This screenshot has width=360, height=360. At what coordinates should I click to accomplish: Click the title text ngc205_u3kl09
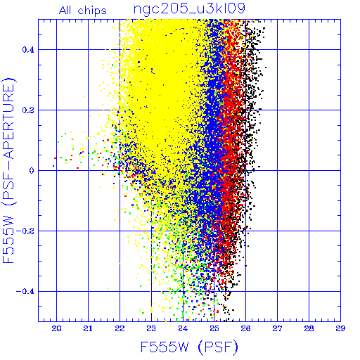[x=189, y=9]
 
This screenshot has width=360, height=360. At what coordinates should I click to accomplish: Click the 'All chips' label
[x=83, y=11]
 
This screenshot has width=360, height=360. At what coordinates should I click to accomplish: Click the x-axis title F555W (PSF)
[x=189, y=347]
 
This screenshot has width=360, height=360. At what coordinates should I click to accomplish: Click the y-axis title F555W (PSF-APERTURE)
[x=8, y=171]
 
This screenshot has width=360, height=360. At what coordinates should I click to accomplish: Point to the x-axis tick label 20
[x=56, y=328]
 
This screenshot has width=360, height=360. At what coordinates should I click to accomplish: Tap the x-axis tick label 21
[x=88, y=328]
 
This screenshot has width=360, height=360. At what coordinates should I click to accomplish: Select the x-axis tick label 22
[x=120, y=328]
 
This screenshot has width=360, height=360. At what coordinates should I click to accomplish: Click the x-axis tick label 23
[x=151, y=328]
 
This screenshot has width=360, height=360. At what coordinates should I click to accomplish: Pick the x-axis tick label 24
[x=183, y=328]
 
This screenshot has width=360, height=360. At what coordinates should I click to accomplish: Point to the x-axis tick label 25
[x=214, y=328]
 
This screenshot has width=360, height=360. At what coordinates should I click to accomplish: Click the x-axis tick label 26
[x=246, y=328]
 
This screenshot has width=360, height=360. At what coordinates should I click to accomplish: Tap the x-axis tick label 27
[x=277, y=328]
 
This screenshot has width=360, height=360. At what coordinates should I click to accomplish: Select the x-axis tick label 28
[x=309, y=328]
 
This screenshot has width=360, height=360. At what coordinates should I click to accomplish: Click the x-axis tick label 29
[x=340, y=328]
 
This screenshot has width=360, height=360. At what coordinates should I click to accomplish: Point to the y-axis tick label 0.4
[x=28, y=50]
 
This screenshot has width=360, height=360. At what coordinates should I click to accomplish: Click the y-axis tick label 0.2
[x=28, y=110]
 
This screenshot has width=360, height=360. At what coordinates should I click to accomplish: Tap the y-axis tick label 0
[x=32, y=171]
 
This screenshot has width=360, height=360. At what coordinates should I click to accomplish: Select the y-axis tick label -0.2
[x=25, y=231]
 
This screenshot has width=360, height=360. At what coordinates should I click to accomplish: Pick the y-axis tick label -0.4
[x=25, y=292]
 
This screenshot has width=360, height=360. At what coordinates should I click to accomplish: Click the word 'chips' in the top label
[x=92, y=11]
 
